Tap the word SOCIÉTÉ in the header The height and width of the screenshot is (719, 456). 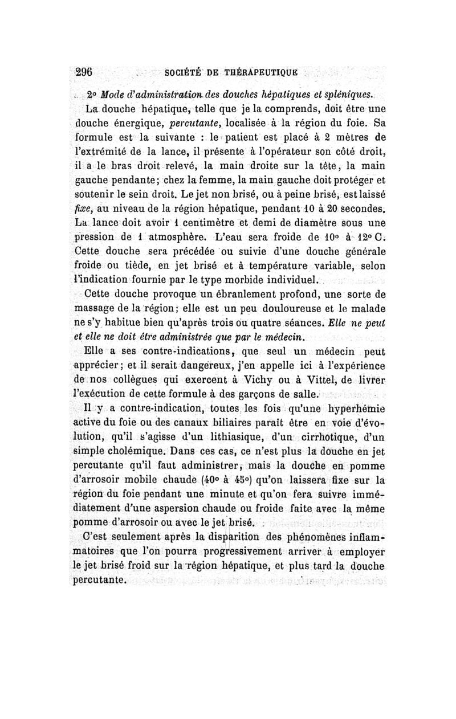click(185, 74)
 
